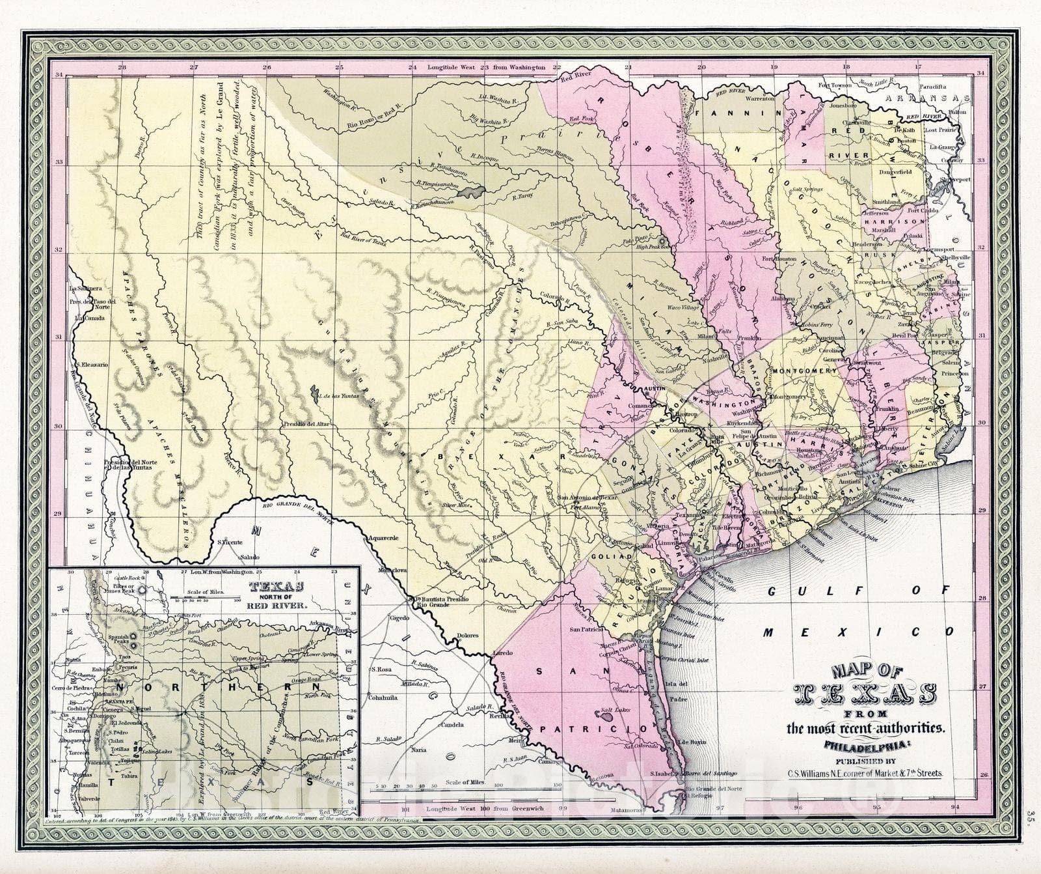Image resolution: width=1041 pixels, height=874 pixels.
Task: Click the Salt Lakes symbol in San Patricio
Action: coord(605,716)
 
